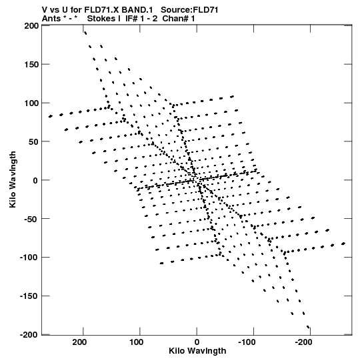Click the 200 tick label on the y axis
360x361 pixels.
coord(31,26)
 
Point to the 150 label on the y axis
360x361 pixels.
coord(31,65)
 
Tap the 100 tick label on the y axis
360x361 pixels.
coord(31,103)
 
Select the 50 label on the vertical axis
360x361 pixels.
coord(33,142)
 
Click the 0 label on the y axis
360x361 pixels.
coord(35,180)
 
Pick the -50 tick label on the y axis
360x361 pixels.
coord(31,219)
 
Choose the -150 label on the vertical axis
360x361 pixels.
coord(29,296)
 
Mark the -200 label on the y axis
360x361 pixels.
coord(29,335)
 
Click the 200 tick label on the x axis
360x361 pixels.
coord(79,342)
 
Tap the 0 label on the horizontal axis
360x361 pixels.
coord(197,342)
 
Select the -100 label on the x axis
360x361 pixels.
coord(247,342)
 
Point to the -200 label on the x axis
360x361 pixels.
coord(303,342)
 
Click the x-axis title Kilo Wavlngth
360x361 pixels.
coord(197,351)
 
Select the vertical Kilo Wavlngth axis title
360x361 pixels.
coord(13,179)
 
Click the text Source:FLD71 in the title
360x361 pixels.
coord(189,10)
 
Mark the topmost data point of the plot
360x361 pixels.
coord(85,33)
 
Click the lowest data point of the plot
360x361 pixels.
coord(308,326)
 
